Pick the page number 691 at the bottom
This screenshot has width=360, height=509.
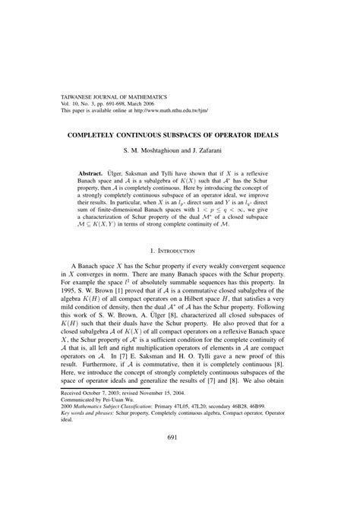[180, 479]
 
